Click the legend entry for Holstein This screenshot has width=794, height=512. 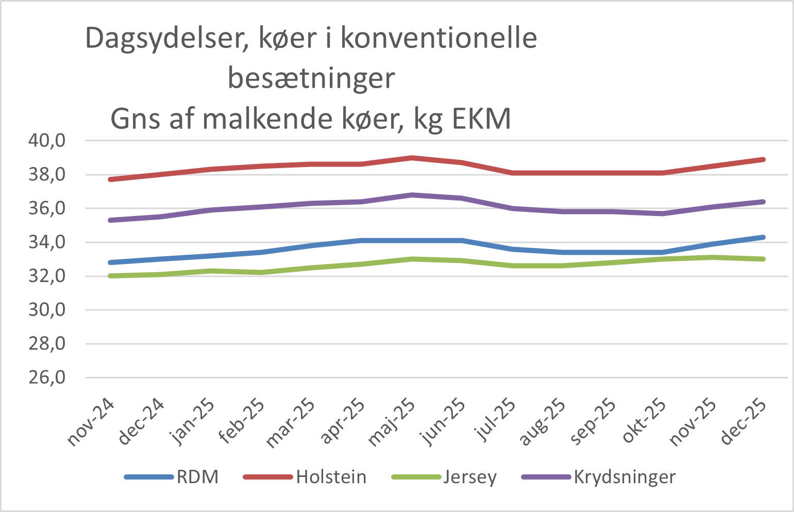pyautogui.click(x=331, y=477)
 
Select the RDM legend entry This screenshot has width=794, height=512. pyautogui.click(x=197, y=477)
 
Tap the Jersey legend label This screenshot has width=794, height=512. pyautogui.click(x=470, y=477)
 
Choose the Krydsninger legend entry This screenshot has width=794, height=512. pyautogui.click(x=624, y=477)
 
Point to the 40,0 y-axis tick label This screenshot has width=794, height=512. pyautogui.click(x=46, y=141)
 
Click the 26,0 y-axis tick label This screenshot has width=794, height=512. pyautogui.click(x=46, y=378)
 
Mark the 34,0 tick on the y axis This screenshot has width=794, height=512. pyautogui.click(x=46, y=242)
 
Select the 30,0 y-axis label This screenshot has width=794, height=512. pyautogui.click(x=46, y=310)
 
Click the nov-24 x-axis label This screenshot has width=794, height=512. pyautogui.click(x=90, y=422)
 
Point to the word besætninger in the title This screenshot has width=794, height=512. pyautogui.click(x=311, y=79)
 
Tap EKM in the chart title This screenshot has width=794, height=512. pyautogui.click(x=481, y=120)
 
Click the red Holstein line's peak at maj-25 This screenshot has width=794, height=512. pyautogui.click(x=412, y=158)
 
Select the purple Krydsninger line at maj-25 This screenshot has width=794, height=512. pyautogui.click(x=412, y=195)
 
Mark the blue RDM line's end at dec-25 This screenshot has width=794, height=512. pyautogui.click(x=763, y=237)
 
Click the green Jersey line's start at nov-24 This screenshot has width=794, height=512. pyautogui.click(x=111, y=276)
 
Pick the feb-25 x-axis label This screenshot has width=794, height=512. pyautogui.click(x=241, y=422)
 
